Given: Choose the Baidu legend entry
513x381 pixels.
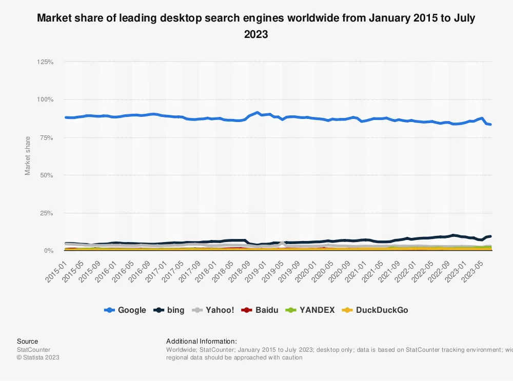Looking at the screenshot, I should (x=262, y=310).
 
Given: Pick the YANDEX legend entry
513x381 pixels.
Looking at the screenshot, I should (x=311, y=310).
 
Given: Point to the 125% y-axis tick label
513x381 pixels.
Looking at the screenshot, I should (x=45, y=62).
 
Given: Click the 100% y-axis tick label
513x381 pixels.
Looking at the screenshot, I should (x=45, y=99).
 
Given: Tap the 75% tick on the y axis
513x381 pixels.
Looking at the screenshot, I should (x=47, y=137).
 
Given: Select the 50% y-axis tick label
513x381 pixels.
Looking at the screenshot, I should (x=47, y=175).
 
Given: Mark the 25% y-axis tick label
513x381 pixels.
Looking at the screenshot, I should (x=47, y=213).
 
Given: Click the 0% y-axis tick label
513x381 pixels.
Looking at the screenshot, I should (x=48, y=251).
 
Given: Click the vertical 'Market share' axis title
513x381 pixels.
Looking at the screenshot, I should (x=28, y=155).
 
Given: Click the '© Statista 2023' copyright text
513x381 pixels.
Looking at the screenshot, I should (x=38, y=357).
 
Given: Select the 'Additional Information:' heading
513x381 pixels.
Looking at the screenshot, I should (x=202, y=342).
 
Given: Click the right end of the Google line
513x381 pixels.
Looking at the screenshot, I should (x=490, y=125).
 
